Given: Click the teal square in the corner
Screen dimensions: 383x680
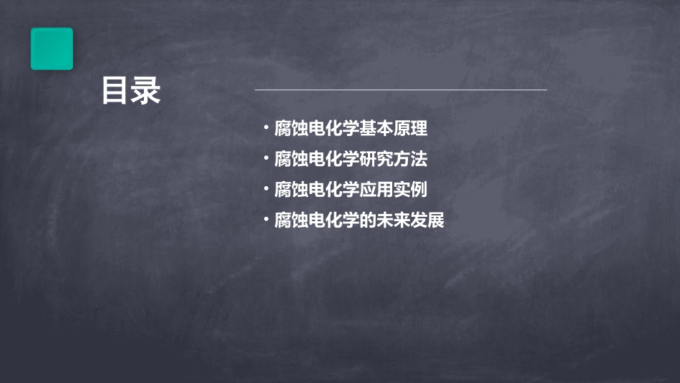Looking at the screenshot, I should coord(52,49).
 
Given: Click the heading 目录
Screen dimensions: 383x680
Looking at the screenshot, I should coord(130,91).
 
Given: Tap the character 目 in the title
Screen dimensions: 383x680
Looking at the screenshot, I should coord(115,91).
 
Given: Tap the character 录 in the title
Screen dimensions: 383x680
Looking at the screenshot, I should coord(147,91).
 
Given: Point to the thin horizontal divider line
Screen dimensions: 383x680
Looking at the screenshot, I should coord(401,90).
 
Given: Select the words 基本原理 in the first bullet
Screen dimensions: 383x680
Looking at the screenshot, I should coord(394,129).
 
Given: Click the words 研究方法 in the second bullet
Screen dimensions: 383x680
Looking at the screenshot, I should coord(394,159).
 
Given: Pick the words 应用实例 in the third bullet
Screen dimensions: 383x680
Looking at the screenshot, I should coord(394,190).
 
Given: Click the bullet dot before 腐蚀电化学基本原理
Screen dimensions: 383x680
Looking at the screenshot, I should coord(265,128).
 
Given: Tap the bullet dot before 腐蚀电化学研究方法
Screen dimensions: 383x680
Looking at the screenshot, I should coord(265,158).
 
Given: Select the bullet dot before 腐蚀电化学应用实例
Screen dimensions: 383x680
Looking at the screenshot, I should coord(265,189).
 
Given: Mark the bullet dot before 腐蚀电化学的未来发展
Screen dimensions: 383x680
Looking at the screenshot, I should coord(265,219).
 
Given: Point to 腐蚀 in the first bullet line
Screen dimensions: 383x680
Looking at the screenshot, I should coord(291,129).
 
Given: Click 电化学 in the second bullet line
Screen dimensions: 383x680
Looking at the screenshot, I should coord(334,159).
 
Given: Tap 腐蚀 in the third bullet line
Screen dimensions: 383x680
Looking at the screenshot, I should coord(291,190).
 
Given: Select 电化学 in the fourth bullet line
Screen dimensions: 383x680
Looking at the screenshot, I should coord(334,220).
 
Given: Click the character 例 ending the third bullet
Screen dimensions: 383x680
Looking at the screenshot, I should coord(419,190).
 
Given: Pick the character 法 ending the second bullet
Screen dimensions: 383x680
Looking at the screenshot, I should coord(419,159).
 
